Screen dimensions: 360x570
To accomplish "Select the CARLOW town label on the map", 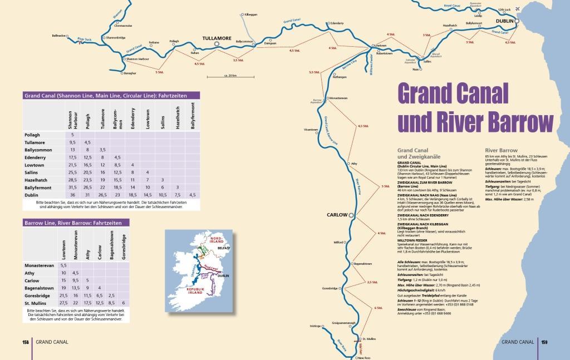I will [336, 215].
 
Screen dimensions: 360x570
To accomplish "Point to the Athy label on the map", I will [353, 164].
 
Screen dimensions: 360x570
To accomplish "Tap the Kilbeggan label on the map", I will [251, 14].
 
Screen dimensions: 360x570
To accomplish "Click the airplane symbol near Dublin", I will [519, 9].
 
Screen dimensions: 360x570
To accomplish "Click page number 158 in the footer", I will [26, 342].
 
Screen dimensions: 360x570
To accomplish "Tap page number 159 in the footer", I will [544, 342].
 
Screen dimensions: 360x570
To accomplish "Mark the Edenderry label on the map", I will [338, 23].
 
